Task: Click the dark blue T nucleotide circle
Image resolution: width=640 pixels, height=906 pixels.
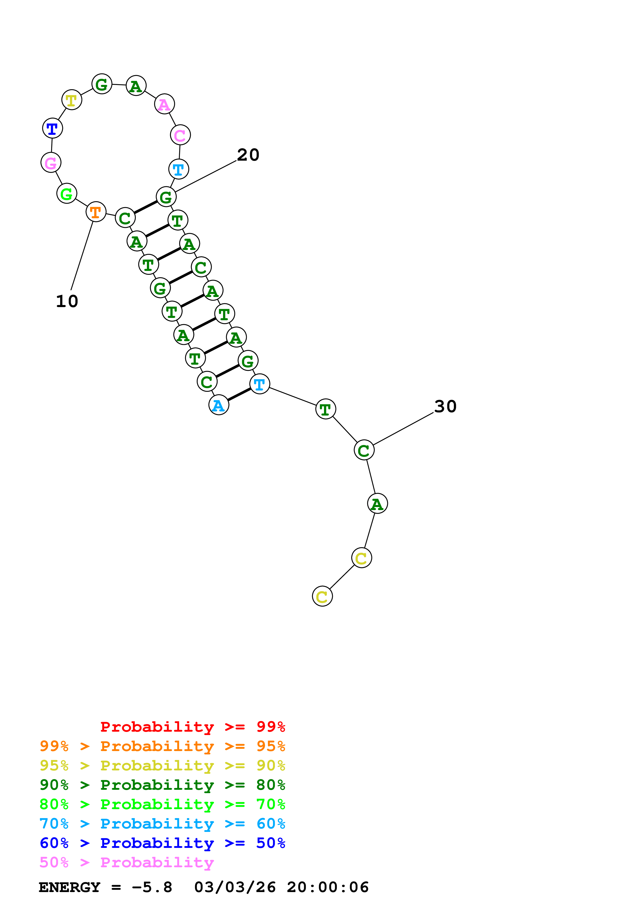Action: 52,128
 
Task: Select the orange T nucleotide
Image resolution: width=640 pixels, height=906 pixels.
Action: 96,212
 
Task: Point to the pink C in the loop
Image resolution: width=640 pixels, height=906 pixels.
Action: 180,135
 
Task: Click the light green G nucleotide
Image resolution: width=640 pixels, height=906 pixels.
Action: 67,193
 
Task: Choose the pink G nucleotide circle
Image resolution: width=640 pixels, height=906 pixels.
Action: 51,162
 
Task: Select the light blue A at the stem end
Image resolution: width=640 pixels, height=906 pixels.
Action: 218,405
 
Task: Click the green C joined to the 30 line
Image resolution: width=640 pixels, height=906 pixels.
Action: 364,450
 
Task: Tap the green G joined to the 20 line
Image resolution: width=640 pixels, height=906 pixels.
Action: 166,197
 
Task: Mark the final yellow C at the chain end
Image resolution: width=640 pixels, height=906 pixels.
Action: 322,596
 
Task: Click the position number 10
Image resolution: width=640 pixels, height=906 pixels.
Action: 67,301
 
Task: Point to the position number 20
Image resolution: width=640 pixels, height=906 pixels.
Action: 248,155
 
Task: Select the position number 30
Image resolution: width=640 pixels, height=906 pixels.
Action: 445,407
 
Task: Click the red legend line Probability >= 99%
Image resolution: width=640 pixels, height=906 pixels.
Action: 192,727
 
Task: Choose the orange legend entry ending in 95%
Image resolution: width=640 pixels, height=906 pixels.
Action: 162,746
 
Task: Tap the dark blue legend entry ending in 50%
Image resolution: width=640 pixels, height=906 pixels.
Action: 162,843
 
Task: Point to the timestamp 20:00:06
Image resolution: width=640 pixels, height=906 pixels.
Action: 327,887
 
